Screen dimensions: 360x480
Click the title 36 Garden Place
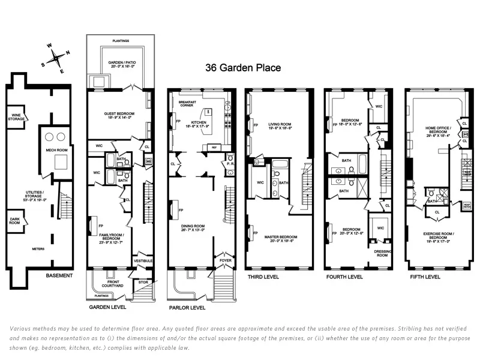click(243, 68)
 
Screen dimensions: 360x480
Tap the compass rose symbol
click(57, 58)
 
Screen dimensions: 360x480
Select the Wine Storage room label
click(16, 117)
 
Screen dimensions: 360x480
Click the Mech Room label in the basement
click(55, 150)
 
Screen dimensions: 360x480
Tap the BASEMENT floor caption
click(59, 275)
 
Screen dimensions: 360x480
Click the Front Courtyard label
click(111, 284)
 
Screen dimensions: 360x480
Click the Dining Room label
click(192, 227)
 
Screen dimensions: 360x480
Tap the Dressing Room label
click(383, 253)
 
